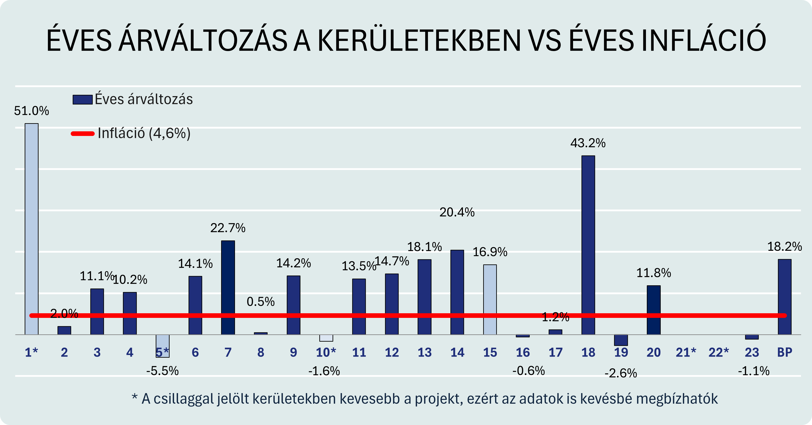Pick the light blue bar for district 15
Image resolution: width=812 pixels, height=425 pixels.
tap(490, 299)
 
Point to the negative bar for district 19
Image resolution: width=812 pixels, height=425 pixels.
tap(621, 340)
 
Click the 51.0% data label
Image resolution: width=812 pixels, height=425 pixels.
tap(31, 111)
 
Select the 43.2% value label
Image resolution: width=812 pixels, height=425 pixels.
tap(588, 143)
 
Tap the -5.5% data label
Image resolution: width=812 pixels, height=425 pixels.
tap(162, 371)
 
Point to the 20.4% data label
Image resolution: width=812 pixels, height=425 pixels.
tap(457, 212)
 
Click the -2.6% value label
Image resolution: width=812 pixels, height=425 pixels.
tap(621, 373)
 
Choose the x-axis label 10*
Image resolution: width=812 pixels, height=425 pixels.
tap(326, 352)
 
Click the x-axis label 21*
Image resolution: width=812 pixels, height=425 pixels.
tap(686, 352)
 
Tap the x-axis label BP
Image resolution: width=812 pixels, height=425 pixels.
tap(784, 352)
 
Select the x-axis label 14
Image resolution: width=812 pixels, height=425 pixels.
tap(457, 352)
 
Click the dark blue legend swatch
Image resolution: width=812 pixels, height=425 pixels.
tap(83, 99)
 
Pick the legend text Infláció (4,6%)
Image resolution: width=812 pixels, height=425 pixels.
tap(144, 133)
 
